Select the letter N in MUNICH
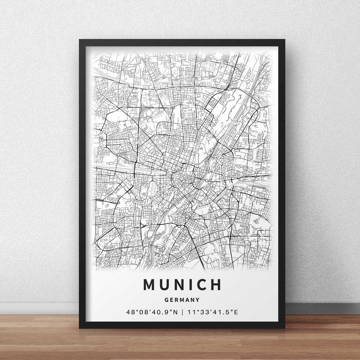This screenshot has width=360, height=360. [180, 285]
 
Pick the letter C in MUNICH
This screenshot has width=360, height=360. [201, 285]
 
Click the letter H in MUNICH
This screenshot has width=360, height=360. [216, 285]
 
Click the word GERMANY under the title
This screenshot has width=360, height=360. [182, 300]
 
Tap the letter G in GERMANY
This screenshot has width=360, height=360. [167, 300]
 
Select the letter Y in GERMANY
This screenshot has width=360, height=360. [198, 300]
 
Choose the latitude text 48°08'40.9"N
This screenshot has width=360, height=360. [152, 312]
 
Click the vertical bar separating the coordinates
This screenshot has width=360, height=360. [182, 312]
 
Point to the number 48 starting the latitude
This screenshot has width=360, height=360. [130, 312]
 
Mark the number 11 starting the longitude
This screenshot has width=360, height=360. [190, 312]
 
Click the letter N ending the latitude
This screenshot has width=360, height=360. [175, 312]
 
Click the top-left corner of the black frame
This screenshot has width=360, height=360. [80, 40]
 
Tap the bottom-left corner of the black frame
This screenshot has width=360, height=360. [80, 327]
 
